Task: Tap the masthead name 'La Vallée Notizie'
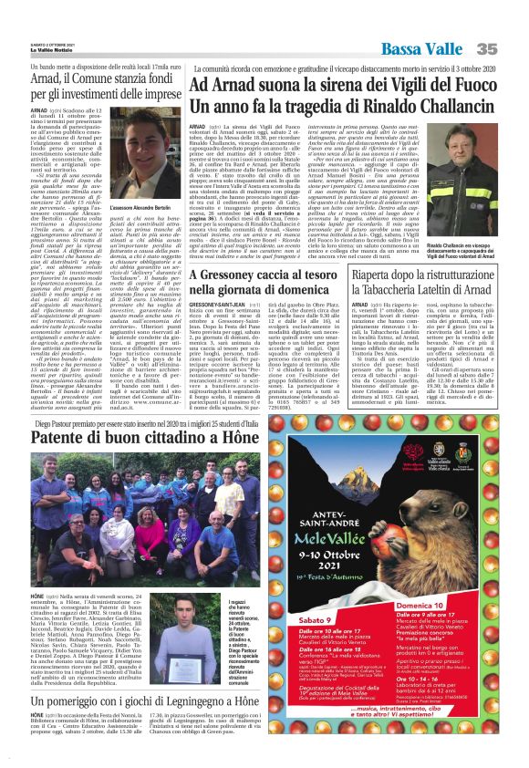coord(35,22)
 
